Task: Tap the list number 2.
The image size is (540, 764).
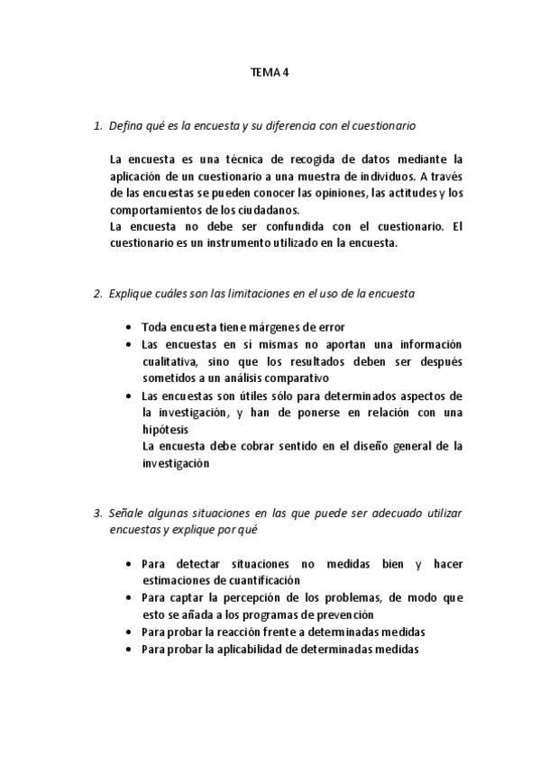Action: [x=96, y=294]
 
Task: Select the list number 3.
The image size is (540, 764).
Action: [x=96, y=513]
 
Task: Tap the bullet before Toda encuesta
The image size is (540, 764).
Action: [x=132, y=328]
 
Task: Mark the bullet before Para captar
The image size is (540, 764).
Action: [x=132, y=597]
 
